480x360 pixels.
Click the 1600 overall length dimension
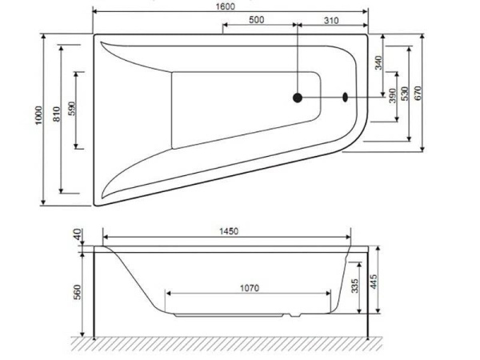tap(230, 6)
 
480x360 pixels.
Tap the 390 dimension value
tap(392, 96)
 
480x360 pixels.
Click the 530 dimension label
tap(406, 93)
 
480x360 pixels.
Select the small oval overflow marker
tap(346, 98)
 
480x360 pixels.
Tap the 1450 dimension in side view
tap(228, 231)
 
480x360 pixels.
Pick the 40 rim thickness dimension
tap(77, 234)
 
